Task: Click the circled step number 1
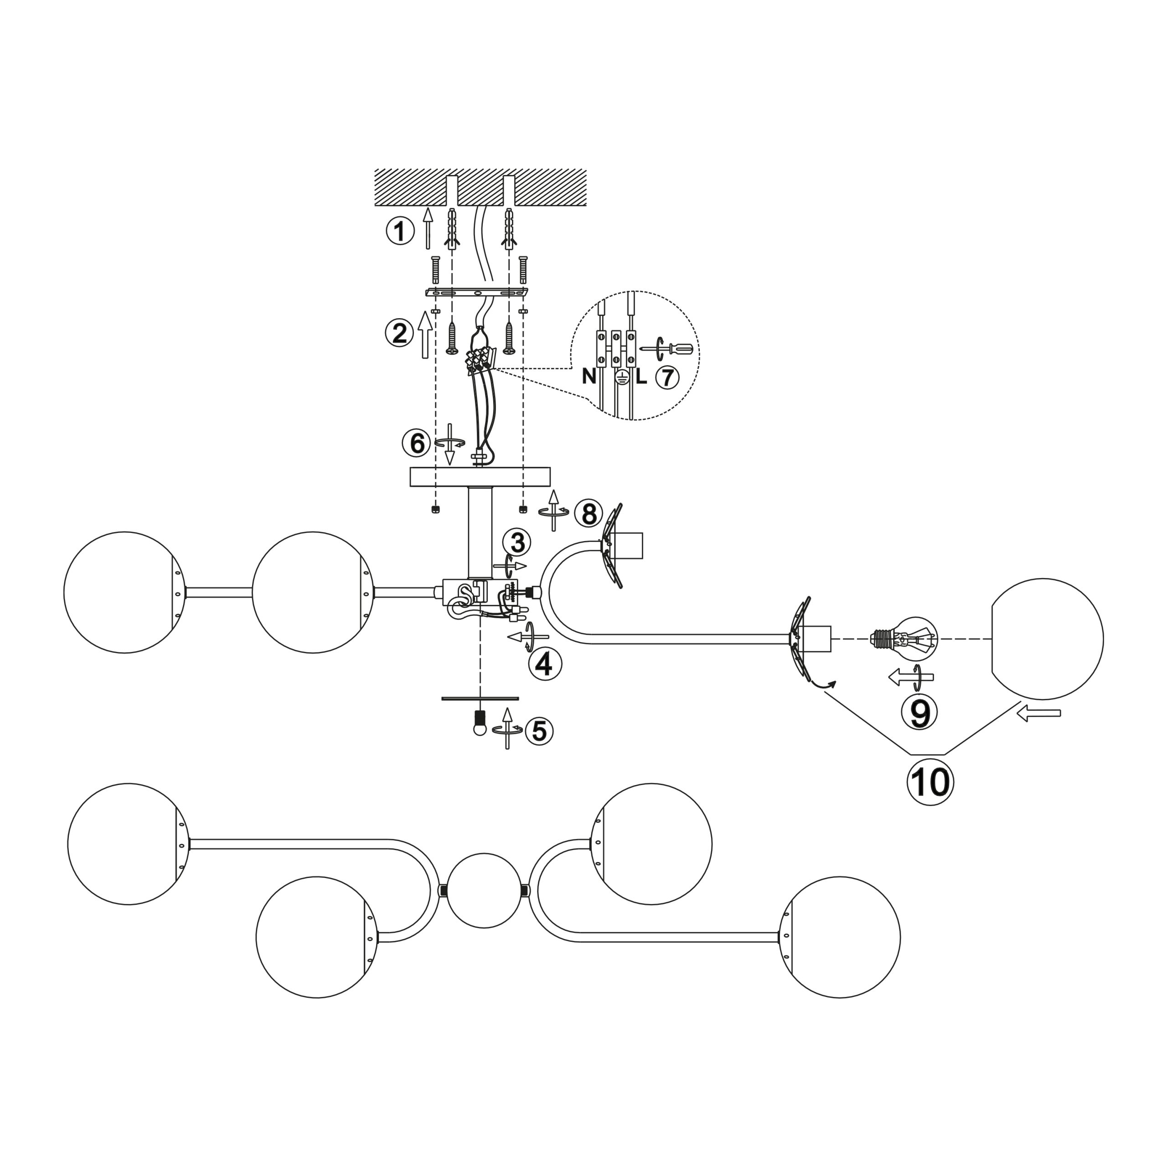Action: click(400, 231)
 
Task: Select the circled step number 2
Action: click(400, 333)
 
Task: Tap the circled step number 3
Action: click(518, 542)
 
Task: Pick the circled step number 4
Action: click(544, 665)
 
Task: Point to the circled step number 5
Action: click(539, 731)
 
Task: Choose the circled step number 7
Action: click(667, 377)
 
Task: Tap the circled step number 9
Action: click(919, 713)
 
